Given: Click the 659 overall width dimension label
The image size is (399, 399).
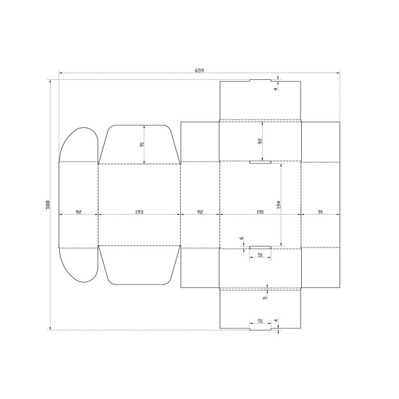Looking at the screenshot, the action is (199, 70).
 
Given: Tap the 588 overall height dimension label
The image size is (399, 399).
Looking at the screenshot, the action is (48, 205).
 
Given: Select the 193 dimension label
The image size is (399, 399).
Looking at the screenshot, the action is (139, 211).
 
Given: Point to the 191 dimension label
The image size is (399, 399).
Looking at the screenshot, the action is (260, 211).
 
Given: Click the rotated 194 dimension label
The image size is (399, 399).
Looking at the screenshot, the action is (279, 205).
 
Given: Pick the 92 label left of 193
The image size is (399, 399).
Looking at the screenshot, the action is (78, 211).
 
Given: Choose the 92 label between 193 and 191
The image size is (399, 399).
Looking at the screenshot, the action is (200, 211).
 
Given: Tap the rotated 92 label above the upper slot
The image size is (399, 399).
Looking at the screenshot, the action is (260, 141).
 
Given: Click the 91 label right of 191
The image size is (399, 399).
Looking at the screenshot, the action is (321, 211).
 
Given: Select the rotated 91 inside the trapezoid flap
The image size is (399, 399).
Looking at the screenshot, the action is (142, 144).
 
